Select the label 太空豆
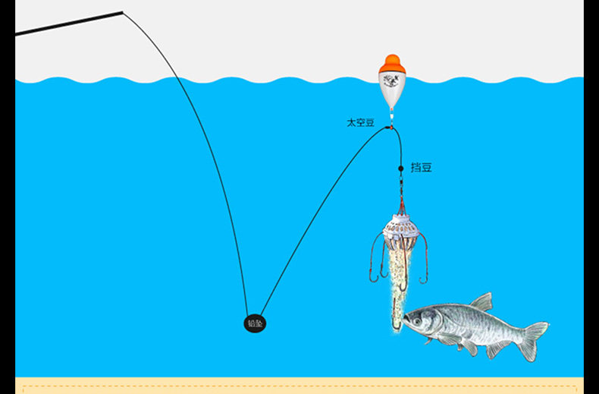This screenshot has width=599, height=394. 360,122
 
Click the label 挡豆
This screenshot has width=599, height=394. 422,167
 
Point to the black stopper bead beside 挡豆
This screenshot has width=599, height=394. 401,168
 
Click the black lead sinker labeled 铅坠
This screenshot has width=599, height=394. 255,323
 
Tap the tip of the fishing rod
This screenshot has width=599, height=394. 121,13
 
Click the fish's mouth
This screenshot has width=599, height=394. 406,322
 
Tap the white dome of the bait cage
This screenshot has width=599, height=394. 400,225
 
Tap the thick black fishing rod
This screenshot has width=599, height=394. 68,24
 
